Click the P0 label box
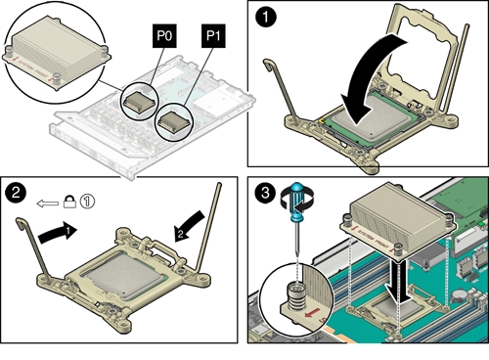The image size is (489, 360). [164, 36]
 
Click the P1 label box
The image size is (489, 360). [213, 36]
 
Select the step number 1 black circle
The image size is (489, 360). [266, 17]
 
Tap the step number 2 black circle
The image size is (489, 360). [16, 193]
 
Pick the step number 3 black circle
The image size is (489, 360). [265, 193]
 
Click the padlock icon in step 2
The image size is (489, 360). [69, 202]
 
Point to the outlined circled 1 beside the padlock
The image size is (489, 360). [87, 202]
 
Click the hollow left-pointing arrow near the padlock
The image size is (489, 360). [48, 203]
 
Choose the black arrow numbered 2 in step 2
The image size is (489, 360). [189, 226]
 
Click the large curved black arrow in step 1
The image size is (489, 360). [372, 81]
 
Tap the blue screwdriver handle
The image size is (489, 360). [297, 202]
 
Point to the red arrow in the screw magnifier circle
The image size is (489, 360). [311, 314]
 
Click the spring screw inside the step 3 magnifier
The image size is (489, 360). [295, 296]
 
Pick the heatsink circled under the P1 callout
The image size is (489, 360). [173, 123]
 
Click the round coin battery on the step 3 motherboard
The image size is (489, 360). [459, 295]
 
